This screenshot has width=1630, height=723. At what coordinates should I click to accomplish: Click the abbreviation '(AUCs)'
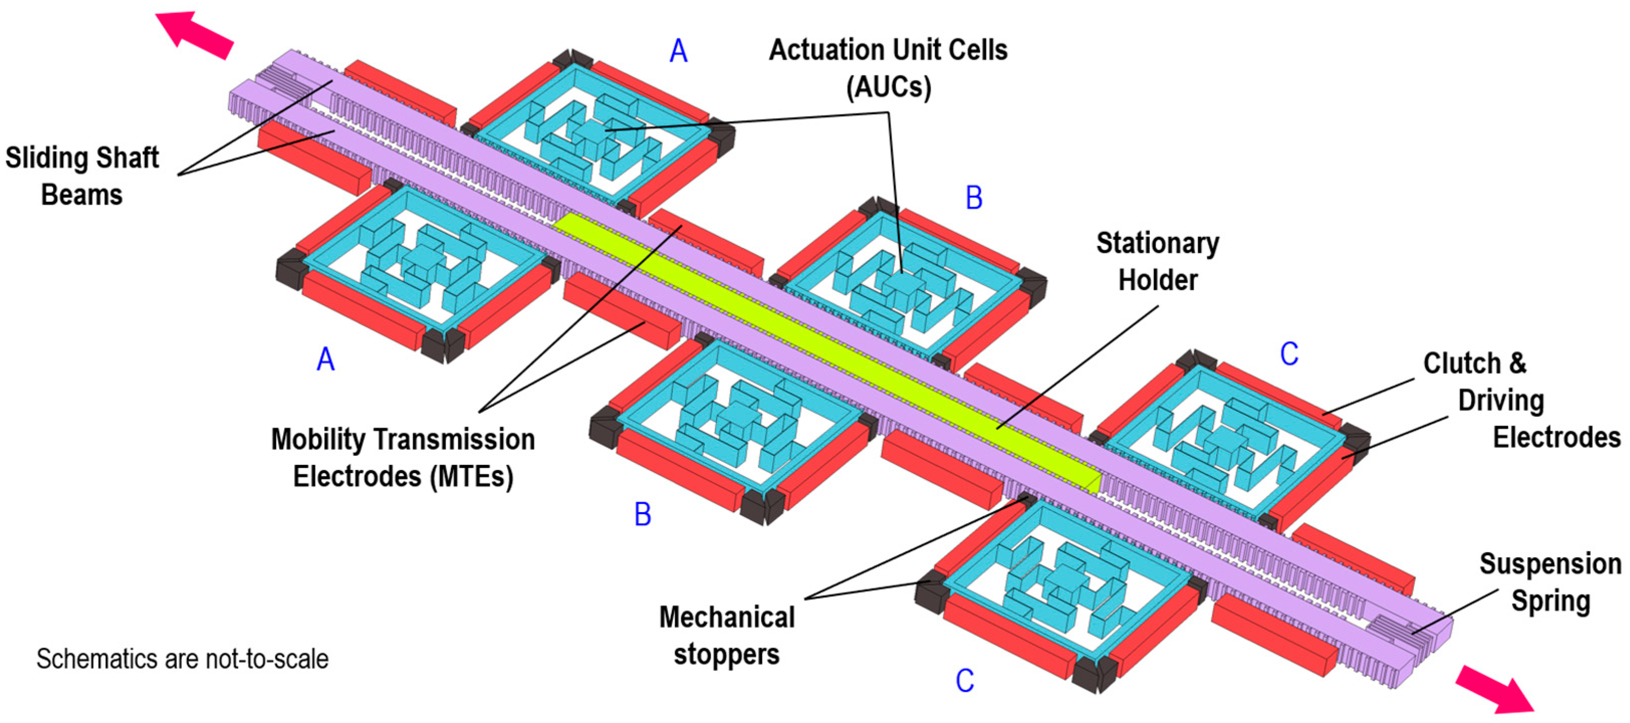(x=889, y=87)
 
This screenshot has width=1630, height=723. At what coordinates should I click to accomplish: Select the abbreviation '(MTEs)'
(x=471, y=476)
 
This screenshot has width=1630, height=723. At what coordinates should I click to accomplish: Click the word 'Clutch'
(x=1462, y=364)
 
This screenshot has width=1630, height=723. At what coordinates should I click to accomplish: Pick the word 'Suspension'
(x=1550, y=563)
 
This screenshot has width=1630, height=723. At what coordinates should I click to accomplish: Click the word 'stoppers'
(x=726, y=654)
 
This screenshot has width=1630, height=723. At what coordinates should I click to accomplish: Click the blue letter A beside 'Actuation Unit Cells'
(x=678, y=51)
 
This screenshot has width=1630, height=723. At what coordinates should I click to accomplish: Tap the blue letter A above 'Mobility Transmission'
(x=325, y=359)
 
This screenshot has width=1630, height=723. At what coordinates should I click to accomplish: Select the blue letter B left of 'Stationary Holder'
(x=974, y=198)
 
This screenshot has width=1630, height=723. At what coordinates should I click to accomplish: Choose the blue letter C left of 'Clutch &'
(x=1289, y=354)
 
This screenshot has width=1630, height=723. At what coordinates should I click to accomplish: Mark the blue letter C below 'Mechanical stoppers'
(x=964, y=681)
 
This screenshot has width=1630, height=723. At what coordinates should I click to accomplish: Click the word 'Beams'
(x=82, y=194)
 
